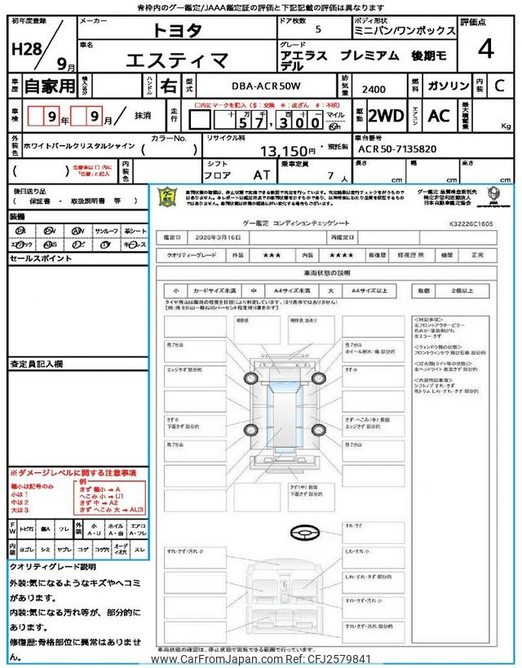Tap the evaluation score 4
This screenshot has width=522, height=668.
[485, 49]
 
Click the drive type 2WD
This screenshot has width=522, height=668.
[386, 116]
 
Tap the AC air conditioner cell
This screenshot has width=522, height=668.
[439, 116]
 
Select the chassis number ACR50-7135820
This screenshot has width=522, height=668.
[397, 150]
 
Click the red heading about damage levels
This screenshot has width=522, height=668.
[73, 473]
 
